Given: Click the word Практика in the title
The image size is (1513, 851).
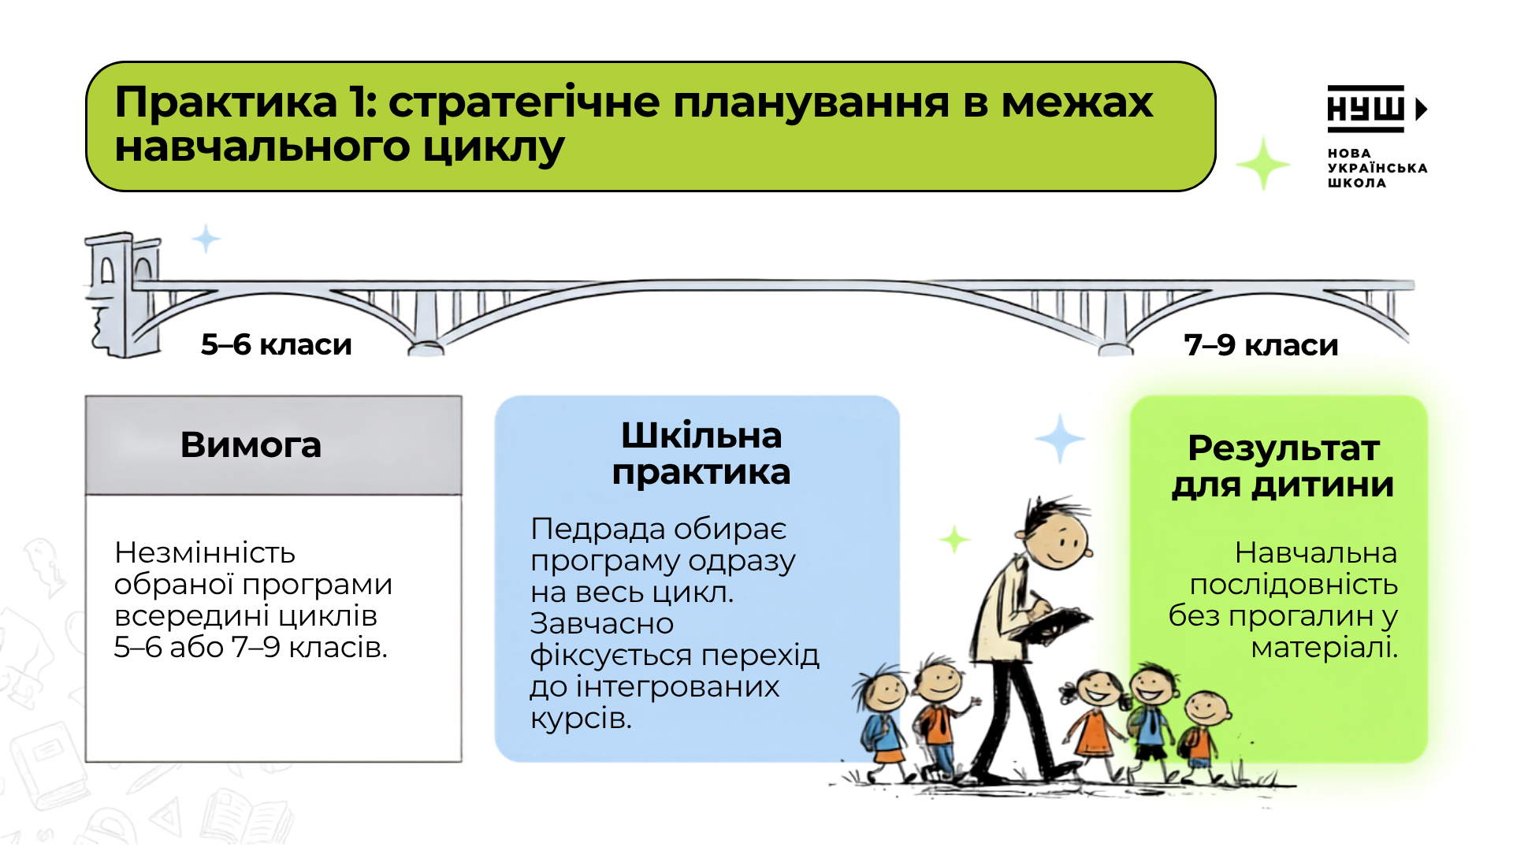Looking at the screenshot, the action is (226, 102).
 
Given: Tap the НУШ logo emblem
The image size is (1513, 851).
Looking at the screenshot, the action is (1376, 109).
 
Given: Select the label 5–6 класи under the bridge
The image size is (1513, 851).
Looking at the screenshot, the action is (276, 344).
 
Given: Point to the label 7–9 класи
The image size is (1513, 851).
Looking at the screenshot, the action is (1261, 345).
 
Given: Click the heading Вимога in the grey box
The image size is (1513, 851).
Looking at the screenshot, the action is (251, 445).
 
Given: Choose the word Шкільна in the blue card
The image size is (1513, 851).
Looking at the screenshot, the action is (701, 436).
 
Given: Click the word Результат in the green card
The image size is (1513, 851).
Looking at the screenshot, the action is (1284, 448).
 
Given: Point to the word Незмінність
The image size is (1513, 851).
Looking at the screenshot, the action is (205, 552).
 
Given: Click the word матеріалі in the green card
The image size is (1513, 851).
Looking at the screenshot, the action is (1325, 648).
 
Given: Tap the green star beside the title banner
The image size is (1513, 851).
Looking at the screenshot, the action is (1263, 163).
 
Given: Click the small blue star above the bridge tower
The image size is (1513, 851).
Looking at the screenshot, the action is (206, 238).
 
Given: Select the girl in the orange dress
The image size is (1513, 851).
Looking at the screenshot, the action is (1095, 725).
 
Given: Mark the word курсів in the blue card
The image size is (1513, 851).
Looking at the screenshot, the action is (581, 719).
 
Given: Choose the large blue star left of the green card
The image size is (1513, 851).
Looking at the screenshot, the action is (1060, 438).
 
